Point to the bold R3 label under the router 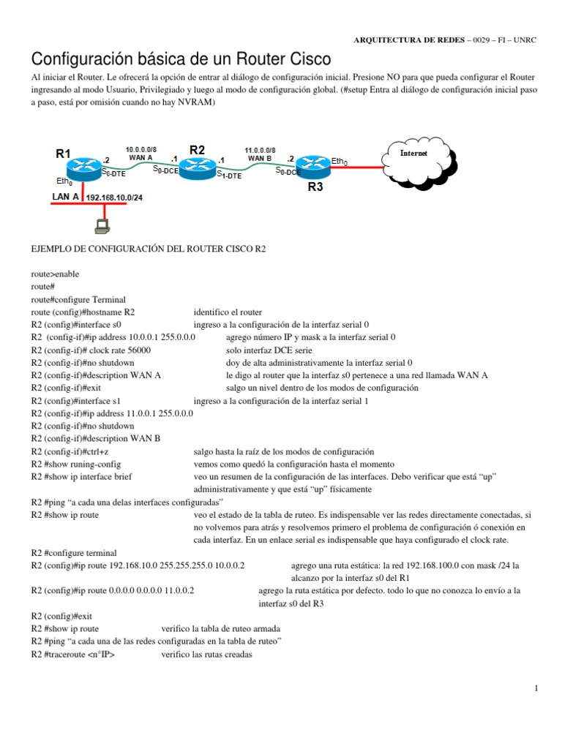315,187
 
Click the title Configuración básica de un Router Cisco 179,58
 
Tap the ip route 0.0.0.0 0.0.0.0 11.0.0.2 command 113,591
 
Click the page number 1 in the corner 536,688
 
